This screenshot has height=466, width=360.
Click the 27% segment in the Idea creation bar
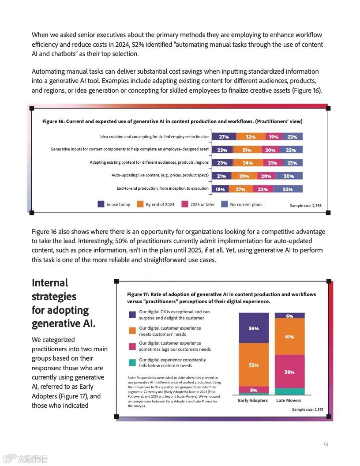(224, 137)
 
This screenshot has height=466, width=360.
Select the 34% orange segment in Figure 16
(247, 163)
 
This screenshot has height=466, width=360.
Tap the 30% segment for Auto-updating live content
(289, 176)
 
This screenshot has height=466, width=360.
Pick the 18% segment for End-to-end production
(220, 189)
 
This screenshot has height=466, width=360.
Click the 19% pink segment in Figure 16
(274, 137)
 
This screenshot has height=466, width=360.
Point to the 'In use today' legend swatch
(101, 204)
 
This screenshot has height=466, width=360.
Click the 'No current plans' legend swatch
(224, 204)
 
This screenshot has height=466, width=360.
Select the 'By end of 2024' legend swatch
(140, 204)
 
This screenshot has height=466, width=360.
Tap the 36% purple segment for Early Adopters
(254, 328)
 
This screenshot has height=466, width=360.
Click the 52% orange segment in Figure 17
(254, 365)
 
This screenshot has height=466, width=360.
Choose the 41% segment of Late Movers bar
(289, 336)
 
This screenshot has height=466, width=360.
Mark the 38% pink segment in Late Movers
(289, 372)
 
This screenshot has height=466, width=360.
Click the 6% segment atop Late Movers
(289, 316)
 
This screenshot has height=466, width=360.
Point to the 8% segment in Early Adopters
(254, 390)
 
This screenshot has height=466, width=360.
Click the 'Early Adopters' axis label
(253, 401)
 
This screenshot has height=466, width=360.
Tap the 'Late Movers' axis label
(289, 401)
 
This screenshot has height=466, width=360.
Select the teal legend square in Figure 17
(132, 362)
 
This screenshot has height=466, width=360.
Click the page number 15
(326, 444)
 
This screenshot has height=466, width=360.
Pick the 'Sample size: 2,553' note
(306, 206)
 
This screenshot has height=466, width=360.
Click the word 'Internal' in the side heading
(50, 283)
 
